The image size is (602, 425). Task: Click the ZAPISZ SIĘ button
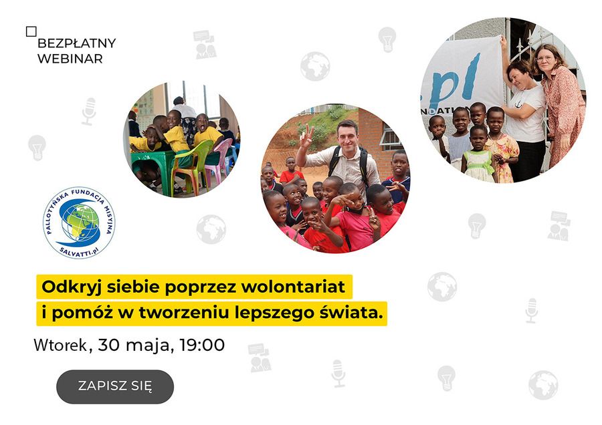tap(115, 387)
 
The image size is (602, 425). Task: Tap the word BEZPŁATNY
tap(77, 43)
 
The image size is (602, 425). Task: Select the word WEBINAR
tap(70, 59)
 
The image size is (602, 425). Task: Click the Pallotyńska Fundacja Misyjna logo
tap(79, 223)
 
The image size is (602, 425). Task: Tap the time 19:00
tap(202, 345)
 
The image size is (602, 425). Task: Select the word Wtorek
tap(60, 345)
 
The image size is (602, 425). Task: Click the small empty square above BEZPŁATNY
tap(31, 31)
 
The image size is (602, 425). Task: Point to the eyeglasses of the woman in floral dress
tap(544, 59)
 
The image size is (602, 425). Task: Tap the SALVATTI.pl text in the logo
tap(78, 251)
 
